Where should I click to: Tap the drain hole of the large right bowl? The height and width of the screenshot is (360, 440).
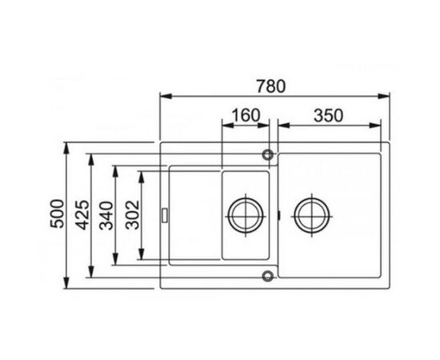click(312, 214)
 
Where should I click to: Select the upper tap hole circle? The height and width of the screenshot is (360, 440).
click(267, 152)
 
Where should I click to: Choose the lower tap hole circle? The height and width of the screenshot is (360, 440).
click(267, 278)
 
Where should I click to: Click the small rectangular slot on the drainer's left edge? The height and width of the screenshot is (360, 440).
click(165, 214)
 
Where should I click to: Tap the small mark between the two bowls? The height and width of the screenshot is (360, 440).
click(278, 214)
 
